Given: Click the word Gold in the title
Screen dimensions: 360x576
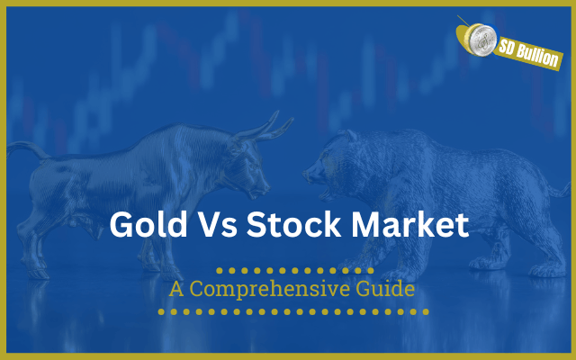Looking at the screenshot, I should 147,224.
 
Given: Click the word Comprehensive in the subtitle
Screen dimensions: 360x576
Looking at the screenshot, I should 275,292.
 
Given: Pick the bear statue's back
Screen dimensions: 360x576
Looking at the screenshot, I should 441,144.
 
